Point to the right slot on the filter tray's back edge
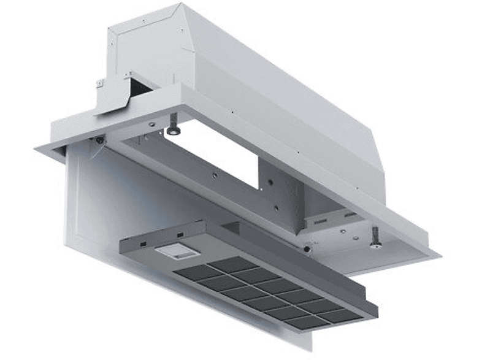coord(180,235)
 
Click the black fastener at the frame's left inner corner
coord(99,140)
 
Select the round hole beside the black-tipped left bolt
coord(151,125)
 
